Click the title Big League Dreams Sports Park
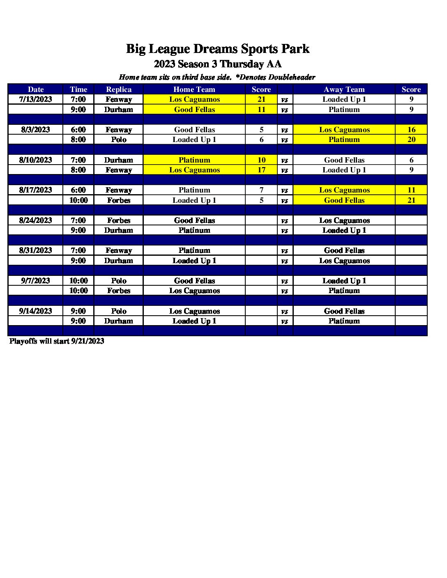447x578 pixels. coord(217,49)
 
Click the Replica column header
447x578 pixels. coord(119,89)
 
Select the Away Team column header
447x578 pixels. coord(344,89)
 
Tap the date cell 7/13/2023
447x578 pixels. coord(36,99)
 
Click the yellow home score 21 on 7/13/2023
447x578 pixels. coord(261,99)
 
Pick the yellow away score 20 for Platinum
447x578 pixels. coord(411,140)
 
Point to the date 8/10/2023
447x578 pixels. coord(36,160)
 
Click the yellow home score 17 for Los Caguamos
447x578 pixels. coord(261,170)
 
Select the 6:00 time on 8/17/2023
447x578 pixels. coord(78,190)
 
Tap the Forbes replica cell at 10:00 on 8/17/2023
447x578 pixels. coord(119,200)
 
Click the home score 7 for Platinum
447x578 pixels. coord(261,190)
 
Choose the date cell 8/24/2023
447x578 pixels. coord(36,220)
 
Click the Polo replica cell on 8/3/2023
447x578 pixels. coord(119,140)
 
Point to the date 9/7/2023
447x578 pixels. coord(36,281)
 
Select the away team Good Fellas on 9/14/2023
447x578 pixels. coord(344,311)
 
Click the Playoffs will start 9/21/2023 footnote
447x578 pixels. coord(57,341)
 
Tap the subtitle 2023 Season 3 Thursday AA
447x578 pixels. coord(217,64)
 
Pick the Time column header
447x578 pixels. coord(78,89)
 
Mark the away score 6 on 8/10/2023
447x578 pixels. coord(411,160)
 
